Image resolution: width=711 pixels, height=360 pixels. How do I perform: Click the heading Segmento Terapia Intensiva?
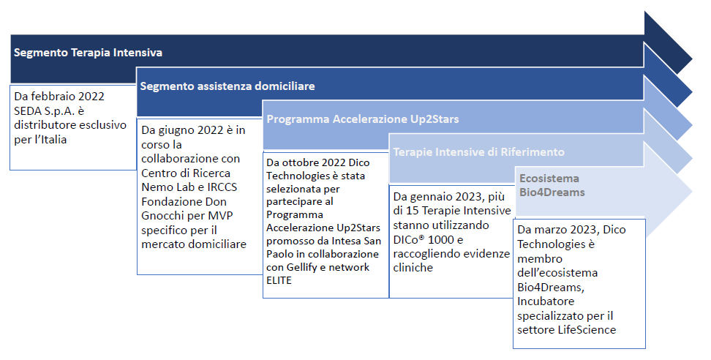pos(88,53)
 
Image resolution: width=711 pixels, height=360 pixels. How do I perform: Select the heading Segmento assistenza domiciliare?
pos(227,86)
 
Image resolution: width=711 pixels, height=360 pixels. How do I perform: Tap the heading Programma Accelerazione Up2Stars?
pos(363,119)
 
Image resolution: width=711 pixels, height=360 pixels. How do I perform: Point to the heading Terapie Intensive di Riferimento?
pos(479,152)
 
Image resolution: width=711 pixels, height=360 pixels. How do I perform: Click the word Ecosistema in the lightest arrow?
pos(549,179)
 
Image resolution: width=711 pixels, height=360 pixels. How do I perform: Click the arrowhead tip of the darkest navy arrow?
pos(692,59)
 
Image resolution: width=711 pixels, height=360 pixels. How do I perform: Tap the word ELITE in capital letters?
pos(279,281)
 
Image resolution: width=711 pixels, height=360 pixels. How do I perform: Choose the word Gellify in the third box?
pos(301,268)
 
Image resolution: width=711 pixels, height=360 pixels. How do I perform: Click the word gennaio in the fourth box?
pos(430,198)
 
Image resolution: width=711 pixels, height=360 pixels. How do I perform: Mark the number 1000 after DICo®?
pos(441,240)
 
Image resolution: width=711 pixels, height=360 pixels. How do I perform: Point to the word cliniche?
pos(413,268)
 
